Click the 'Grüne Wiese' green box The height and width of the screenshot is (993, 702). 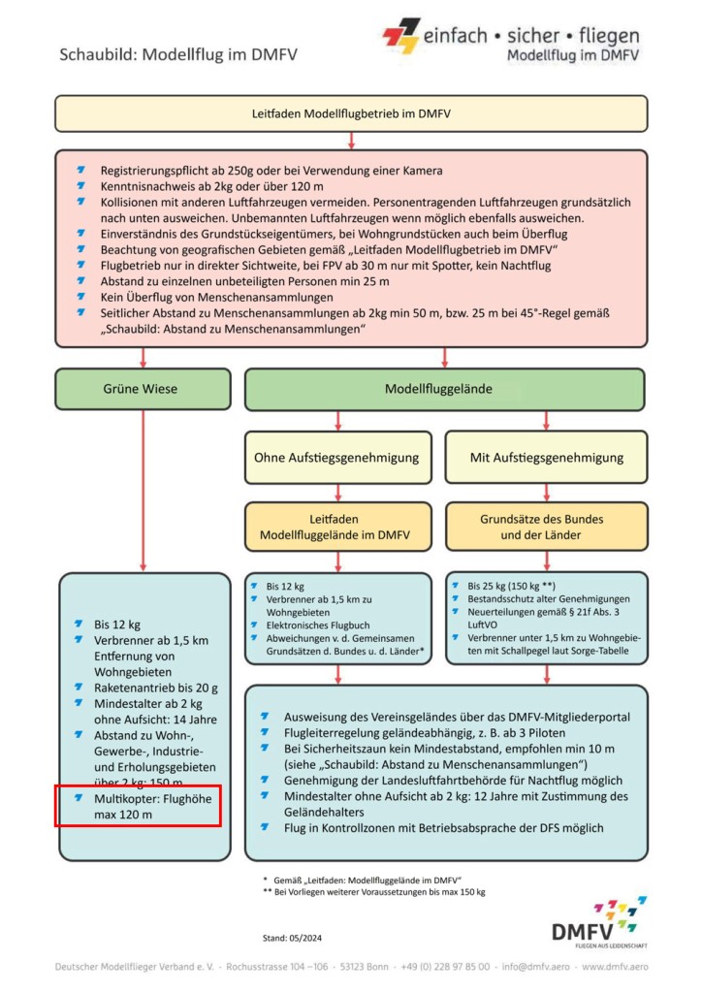pos(143,389)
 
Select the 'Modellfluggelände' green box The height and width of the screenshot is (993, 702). pos(444,389)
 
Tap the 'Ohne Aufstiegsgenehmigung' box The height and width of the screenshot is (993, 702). pos(336,457)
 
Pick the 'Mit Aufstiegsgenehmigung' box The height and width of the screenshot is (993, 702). pos(546,457)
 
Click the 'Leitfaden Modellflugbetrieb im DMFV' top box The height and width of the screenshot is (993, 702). pos(350,113)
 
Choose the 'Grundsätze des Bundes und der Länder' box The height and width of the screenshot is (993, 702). pos(546,527)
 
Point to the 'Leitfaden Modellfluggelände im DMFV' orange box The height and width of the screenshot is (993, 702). pos(336,527)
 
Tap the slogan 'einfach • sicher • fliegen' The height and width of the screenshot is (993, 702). pos(530,36)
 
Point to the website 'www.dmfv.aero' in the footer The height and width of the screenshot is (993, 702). pos(615,967)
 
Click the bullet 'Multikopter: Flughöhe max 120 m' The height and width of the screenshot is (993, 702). pos(147,807)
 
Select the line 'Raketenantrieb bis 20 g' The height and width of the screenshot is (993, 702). pos(155,688)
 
